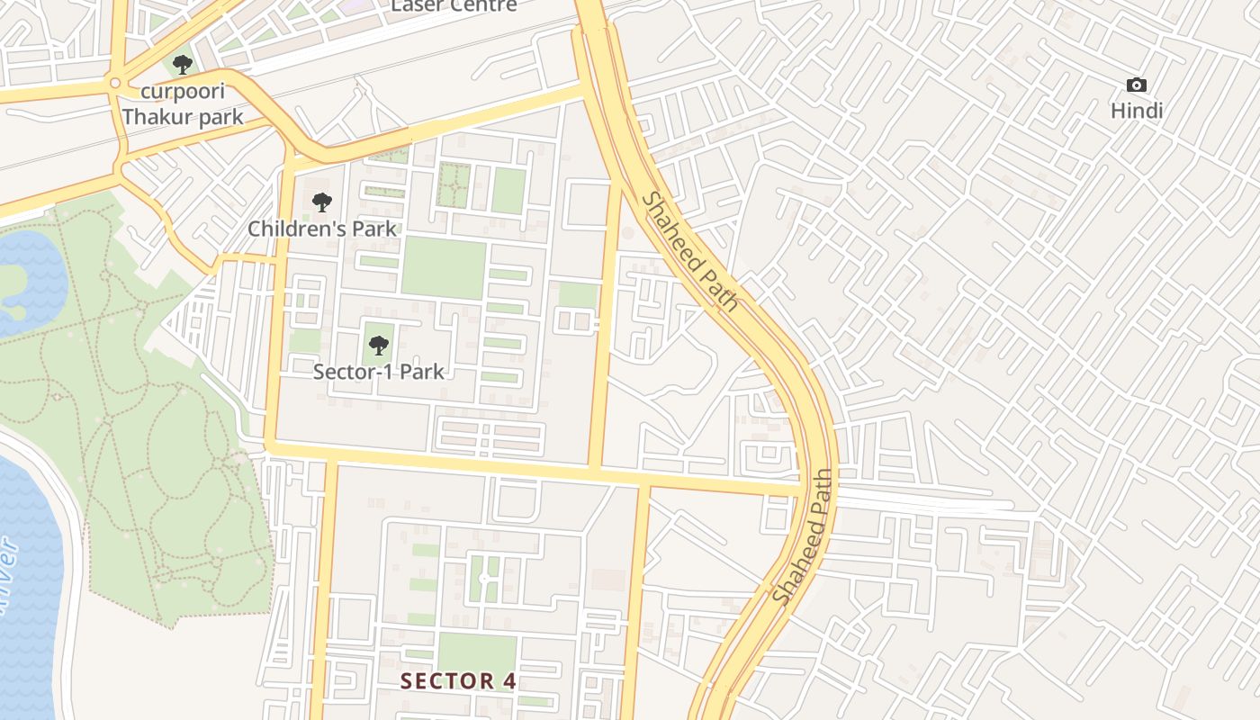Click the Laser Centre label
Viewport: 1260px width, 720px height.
(454, 5)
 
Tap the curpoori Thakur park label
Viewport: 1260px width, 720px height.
(183, 104)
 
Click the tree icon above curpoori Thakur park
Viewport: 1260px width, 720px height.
(183, 65)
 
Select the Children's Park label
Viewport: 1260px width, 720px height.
(322, 229)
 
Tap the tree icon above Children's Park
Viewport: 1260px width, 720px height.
(321, 202)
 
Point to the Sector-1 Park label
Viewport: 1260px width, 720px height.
(379, 371)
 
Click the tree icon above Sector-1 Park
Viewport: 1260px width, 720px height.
(379, 345)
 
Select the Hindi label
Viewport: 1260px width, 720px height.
(1137, 111)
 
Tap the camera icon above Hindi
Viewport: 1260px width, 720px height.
(1137, 85)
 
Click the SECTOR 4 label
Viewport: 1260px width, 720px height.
(459, 681)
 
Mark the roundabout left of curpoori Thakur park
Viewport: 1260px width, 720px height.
(114, 84)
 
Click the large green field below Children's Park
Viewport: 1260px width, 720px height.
(444, 268)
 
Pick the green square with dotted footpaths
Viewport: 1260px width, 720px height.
(454, 184)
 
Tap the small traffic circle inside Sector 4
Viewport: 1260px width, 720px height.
(483, 578)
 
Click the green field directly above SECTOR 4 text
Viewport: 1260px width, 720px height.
(477, 652)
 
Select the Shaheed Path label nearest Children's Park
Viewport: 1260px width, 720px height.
(690, 251)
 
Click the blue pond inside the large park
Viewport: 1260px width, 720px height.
(27, 279)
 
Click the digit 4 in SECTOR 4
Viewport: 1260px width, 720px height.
(509, 681)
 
